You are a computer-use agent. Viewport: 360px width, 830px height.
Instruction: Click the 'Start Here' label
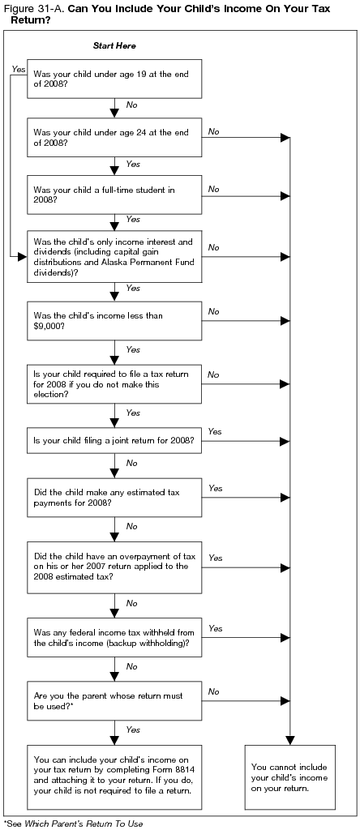(x=114, y=46)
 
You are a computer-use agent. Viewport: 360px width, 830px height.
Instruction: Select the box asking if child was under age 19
(x=114, y=77)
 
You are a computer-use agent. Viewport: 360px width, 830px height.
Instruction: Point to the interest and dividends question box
(x=114, y=256)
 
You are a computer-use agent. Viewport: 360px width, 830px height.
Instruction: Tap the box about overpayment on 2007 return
(x=114, y=566)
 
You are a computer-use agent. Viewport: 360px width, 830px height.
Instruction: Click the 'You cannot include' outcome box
(x=289, y=777)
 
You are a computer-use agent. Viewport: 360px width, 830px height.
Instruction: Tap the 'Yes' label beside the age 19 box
(x=18, y=70)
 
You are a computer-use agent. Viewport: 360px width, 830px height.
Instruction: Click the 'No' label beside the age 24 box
(x=213, y=130)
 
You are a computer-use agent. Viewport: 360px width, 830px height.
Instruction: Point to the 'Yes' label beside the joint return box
(x=215, y=431)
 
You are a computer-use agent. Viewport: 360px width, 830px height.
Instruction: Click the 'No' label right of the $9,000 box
(x=213, y=311)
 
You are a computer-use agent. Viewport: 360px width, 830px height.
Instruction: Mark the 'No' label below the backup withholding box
(x=131, y=666)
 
